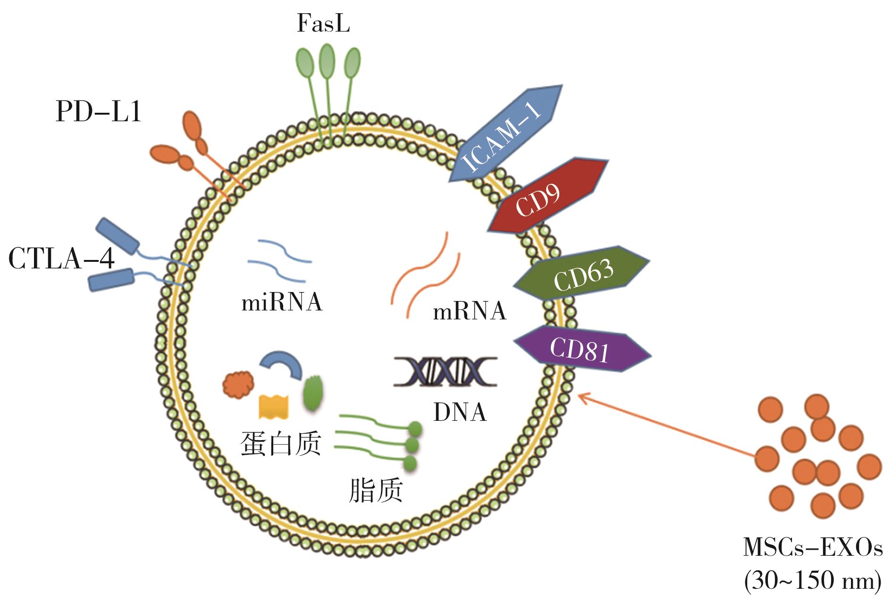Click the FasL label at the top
pyautogui.click(x=323, y=24)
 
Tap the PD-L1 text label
pyautogui.click(x=99, y=113)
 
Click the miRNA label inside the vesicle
pyautogui.click(x=282, y=302)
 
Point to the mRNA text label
pyautogui.click(x=470, y=311)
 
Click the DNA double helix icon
pyautogui.click(x=445, y=372)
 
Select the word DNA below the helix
pyautogui.click(x=460, y=412)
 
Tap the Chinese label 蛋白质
pyautogui.click(x=281, y=443)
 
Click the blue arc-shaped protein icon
pyautogui.click(x=281, y=363)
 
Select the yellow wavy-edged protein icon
pyautogui.click(x=274, y=406)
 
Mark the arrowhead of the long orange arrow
pyautogui.click(x=581, y=397)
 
